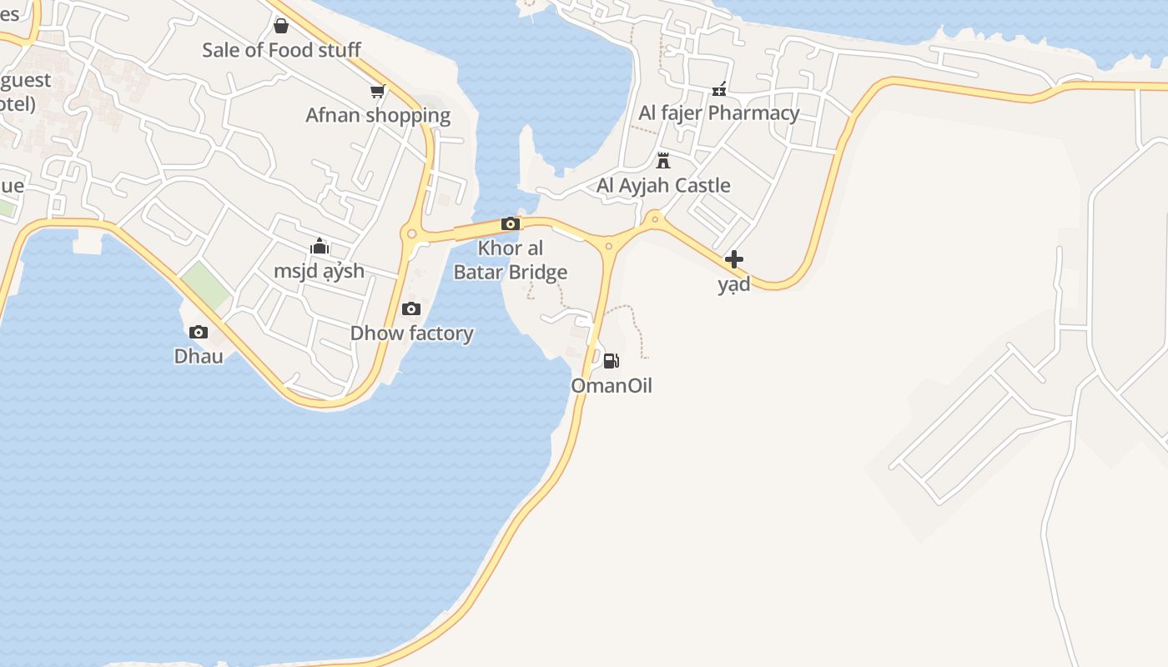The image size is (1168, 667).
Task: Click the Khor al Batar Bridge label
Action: (x=510, y=260)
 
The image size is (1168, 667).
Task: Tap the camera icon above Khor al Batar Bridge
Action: (x=511, y=223)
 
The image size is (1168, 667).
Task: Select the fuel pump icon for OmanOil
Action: (x=611, y=360)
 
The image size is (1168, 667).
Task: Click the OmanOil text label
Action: (x=612, y=385)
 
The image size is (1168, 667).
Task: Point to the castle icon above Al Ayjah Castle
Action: (x=663, y=160)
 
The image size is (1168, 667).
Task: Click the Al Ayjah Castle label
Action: (x=663, y=185)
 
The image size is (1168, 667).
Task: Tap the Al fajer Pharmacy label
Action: (x=719, y=113)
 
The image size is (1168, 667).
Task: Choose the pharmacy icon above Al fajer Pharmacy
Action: (x=719, y=89)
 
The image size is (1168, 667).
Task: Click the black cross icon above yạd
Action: (x=734, y=259)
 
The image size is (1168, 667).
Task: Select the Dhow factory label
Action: (x=412, y=333)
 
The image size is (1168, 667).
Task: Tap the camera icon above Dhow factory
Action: (x=410, y=309)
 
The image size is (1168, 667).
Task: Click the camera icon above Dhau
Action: (x=199, y=332)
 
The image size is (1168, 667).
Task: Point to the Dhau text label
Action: (x=199, y=356)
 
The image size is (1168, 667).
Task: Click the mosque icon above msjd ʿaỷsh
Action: (x=320, y=246)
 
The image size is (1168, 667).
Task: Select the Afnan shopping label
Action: (x=378, y=115)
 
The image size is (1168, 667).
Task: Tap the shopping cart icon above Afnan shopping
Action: (x=378, y=91)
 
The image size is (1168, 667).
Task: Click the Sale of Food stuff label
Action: (x=281, y=50)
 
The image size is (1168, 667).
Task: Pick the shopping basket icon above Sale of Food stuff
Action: (x=281, y=26)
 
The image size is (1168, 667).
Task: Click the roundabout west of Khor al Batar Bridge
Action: (x=410, y=234)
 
